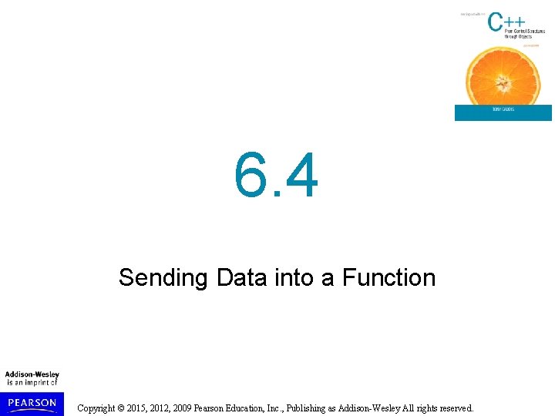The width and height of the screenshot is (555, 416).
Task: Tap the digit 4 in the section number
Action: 300,175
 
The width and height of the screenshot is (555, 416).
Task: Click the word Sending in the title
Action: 163,277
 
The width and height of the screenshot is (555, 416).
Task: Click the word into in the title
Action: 295,277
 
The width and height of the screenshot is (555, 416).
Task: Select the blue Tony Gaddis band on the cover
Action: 503,112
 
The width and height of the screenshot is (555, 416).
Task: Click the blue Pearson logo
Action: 32,402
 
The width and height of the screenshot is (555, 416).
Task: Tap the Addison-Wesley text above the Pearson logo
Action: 32,375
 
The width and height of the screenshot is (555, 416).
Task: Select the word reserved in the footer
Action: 456,408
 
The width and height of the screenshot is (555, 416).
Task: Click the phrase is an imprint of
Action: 32,383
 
